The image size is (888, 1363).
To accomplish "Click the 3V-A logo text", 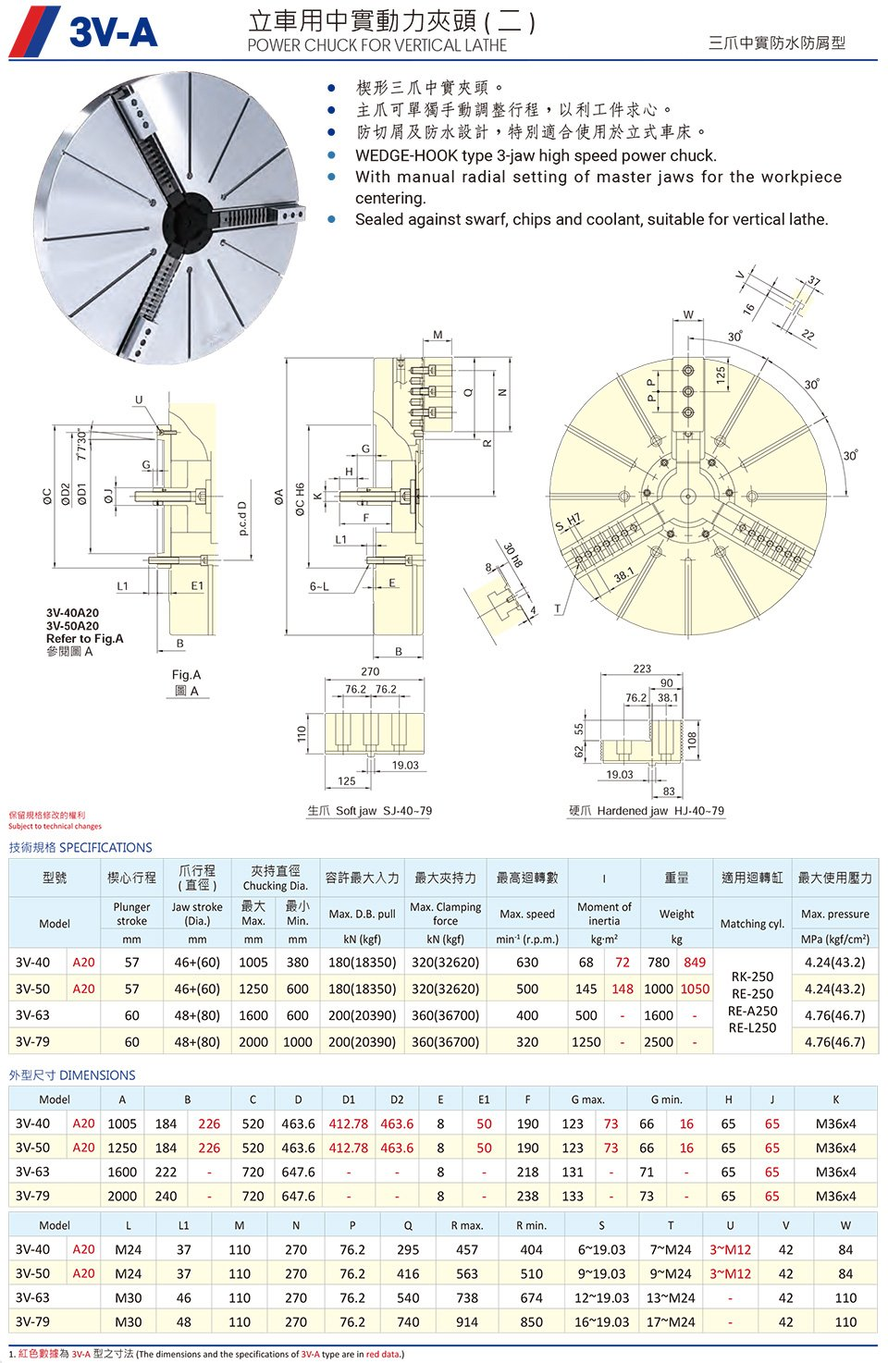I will (113, 32).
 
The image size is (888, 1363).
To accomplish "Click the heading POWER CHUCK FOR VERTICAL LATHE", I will (376, 45).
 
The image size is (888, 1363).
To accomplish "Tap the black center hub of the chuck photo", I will (191, 222).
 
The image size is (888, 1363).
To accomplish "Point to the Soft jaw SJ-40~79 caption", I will (370, 811).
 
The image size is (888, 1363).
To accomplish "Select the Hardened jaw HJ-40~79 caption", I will (647, 811).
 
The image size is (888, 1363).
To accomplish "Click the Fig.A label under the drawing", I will (186, 675).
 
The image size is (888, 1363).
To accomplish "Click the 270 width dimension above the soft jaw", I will (370, 672).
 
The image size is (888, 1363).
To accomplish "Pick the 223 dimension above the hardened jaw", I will (642, 669).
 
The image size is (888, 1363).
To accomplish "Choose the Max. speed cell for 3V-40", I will (527, 962).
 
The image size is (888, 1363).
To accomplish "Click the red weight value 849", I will (695, 962).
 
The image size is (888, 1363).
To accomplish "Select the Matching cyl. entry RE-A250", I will (752, 1011).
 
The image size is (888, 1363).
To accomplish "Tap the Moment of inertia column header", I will (604, 914).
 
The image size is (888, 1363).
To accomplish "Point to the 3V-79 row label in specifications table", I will (33, 1041).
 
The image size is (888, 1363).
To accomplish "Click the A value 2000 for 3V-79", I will (122, 1196).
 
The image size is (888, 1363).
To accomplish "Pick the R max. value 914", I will (467, 1321).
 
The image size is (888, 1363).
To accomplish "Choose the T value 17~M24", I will (671, 1321).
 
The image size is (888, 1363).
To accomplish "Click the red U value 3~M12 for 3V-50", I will (730, 1273).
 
